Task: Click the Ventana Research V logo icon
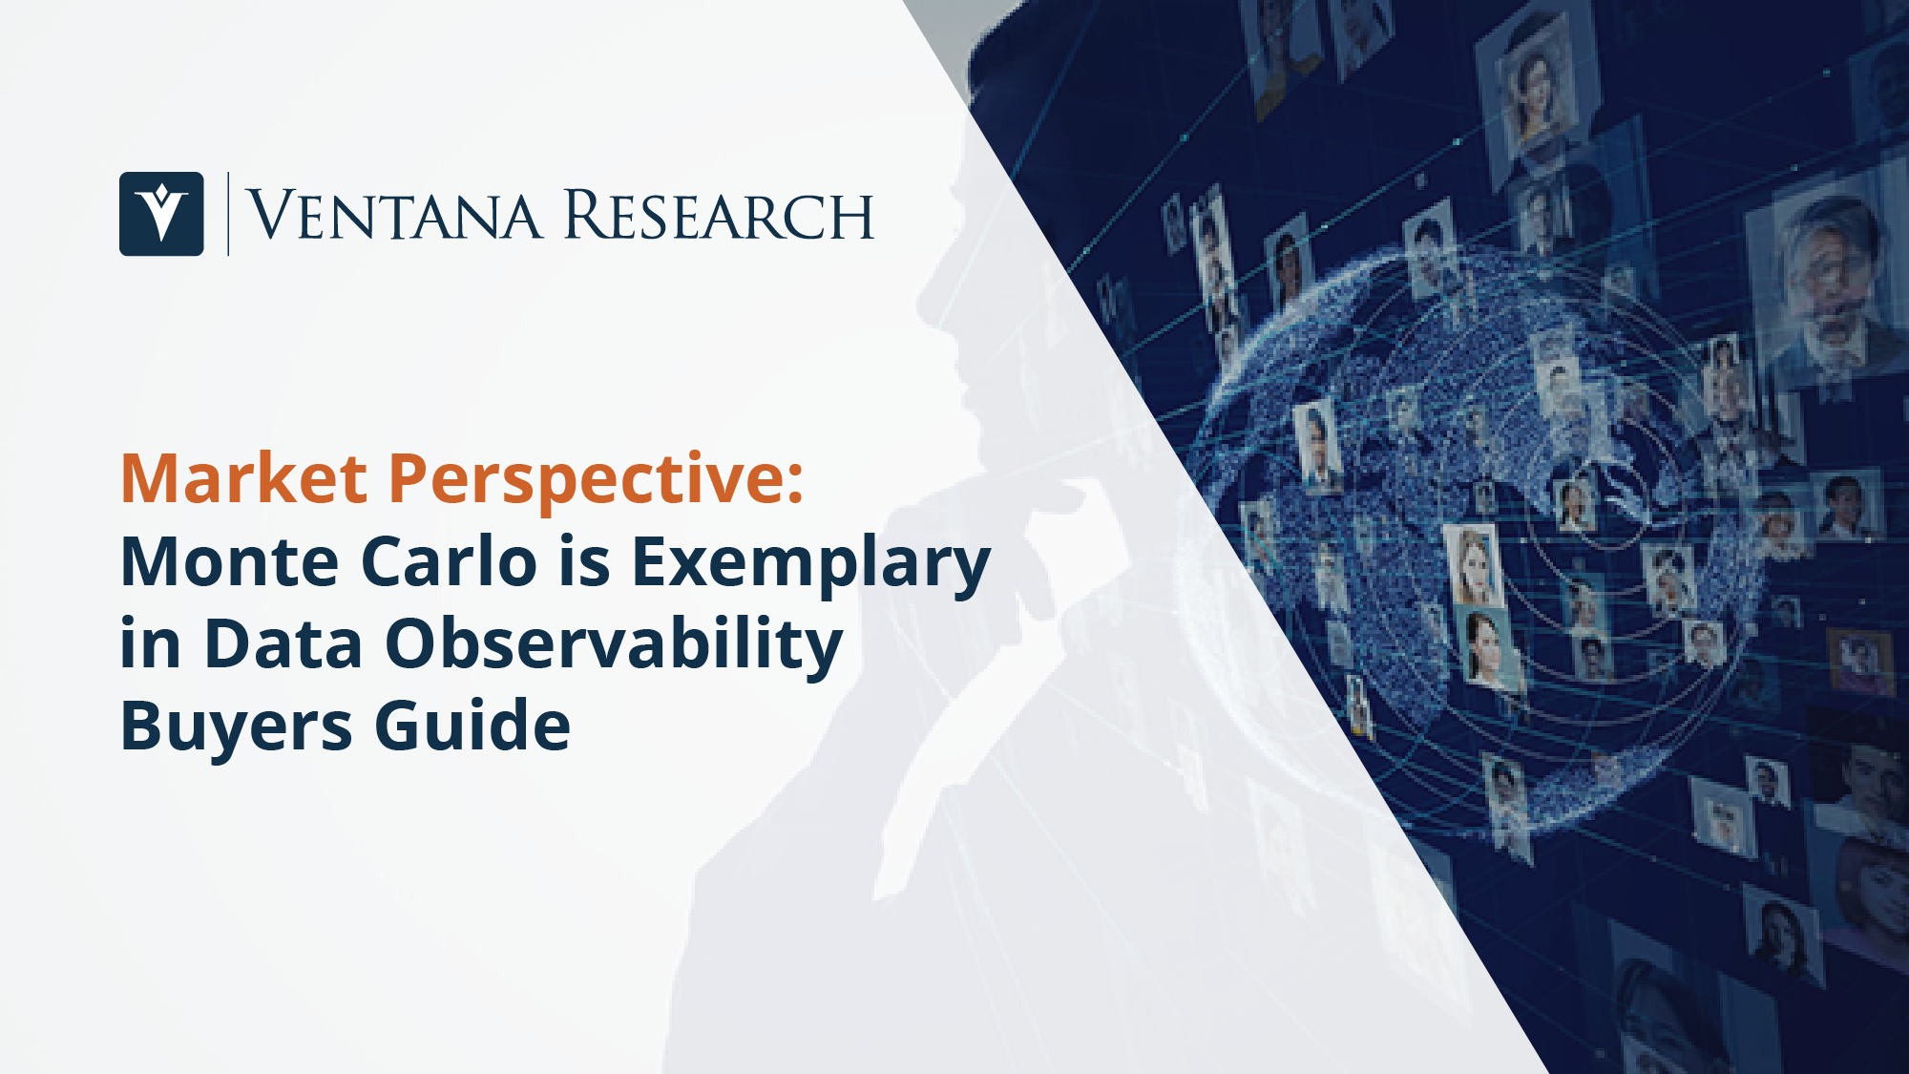pyautogui.click(x=161, y=214)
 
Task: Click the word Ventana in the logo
pyautogui.click(x=394, y=215)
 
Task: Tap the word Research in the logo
pyautogui.click(x=719, y=215)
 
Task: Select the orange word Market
pyautogui.click(x=243, y=477)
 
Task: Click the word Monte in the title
pyautogui.click(x=230, y=561)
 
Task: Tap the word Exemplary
pyautogui.click(x=811, y=566)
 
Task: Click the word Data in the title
pyautogui.click(x=283, y=643)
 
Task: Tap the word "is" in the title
pyautogui.click(x=585, y=561)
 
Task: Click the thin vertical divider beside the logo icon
pyautogui.click(x=228, y=214)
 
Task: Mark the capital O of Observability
pyautogui.click(x=414, y=643)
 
